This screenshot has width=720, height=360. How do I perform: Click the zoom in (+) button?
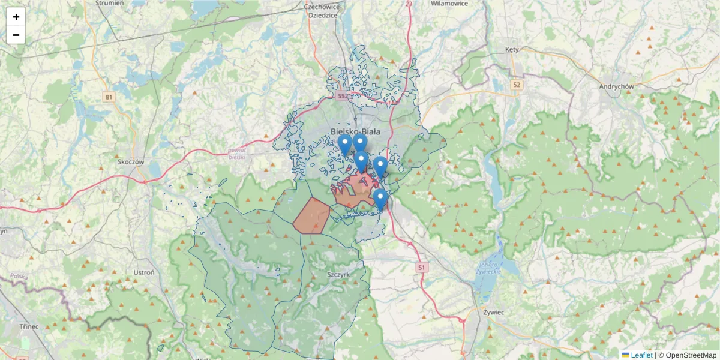(x=16, y=17)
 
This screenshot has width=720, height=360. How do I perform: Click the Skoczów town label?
(x=132, y=161)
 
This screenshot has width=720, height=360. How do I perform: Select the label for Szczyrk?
(x=338, y=274)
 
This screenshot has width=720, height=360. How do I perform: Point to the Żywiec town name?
(x=493, y=312)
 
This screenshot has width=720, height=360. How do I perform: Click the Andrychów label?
(x=616, y=86)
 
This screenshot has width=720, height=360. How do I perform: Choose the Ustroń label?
(x=144, y=272)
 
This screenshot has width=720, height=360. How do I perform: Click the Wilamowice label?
(x=449, y=4)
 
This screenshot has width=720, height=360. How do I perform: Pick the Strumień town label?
(x=109, y=3)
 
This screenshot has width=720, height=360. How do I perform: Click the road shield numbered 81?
(x=108, y=97)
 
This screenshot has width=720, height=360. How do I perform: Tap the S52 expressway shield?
(x=342, y=96)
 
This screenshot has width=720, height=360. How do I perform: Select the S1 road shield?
(x=422, y=266)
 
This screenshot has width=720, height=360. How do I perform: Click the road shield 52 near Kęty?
(x=517, y=85)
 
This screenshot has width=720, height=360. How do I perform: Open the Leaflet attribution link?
(x=641, y=355)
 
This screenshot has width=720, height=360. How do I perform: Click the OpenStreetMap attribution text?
(x=687, y=355)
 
